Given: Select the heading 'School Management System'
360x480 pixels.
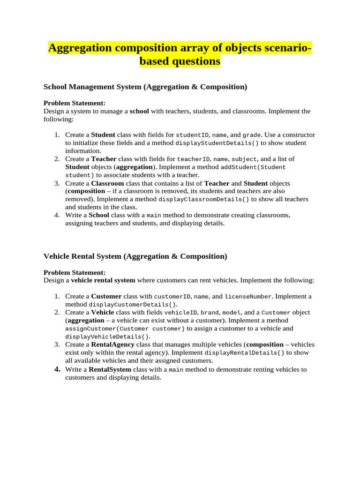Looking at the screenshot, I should (92, 87).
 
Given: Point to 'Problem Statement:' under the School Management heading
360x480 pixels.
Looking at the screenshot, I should (75, 103).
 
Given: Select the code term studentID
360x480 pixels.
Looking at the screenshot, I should (192, 135).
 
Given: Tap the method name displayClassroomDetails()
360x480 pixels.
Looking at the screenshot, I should (204, 199).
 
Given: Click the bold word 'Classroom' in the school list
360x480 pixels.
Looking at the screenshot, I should (107, 183).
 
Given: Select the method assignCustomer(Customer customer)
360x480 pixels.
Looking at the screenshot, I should (125, 329).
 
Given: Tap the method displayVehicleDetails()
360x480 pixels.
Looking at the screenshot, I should (107, 337).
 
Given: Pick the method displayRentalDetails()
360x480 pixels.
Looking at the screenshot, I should (244, 352).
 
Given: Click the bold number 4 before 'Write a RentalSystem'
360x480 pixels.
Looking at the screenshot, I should (57, 369).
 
